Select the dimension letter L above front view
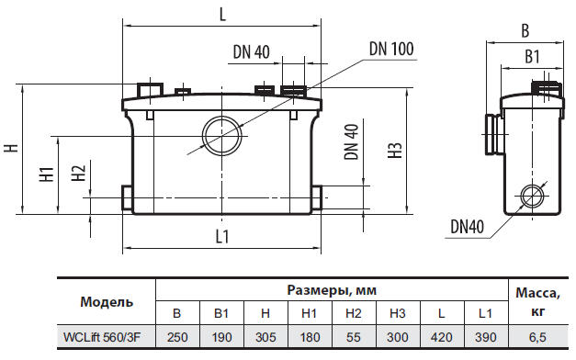tap(223, 15)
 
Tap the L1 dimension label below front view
tap(222, 237)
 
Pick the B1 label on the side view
tap(531, 57)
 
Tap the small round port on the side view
tap(531, 196)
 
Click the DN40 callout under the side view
tap(468, 225)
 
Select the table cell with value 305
tap(265, 338)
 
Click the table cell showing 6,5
tap(536, 338)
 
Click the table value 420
tap(441, 338)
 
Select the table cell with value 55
tap(353, 338)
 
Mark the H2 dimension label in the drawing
tap(78, 174)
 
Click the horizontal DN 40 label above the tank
tap(249, 52)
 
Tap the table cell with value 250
tap(176, 338)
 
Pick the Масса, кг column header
tap(536, 301)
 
